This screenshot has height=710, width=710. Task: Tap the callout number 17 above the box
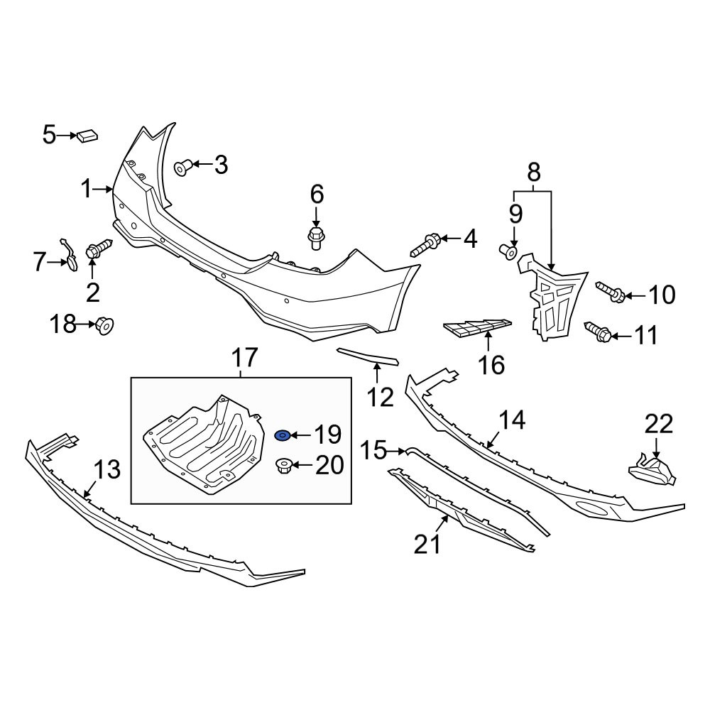(244, 358)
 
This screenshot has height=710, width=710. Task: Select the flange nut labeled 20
(283, 466)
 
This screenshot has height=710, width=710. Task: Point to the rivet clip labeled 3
(183, 168)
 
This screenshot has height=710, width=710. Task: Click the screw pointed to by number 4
(425, 244)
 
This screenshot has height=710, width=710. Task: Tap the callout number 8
(534, 173)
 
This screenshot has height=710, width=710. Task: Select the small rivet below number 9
(509, 252)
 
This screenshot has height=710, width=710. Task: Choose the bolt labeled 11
(599, 332)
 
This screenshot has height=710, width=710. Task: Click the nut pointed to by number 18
(104, 325)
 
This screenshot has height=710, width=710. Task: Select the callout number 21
(427, 545)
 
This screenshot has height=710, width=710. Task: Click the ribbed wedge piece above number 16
(477, 328)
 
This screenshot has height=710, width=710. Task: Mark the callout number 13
(108, 469)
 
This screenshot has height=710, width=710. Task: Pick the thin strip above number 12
(367, 356)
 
